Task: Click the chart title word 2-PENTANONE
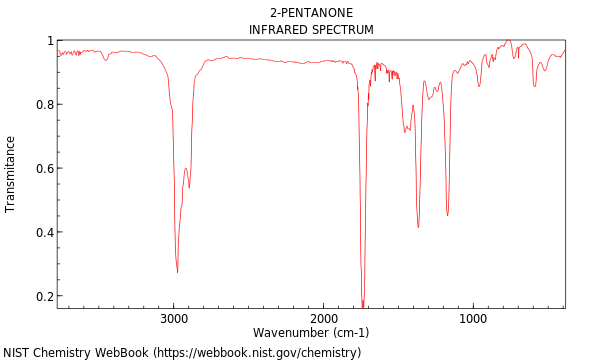pos(311,13)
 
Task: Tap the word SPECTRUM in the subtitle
pos(343,30)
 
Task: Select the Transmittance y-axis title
pos(11,174)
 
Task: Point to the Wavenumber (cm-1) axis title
pos(311,332)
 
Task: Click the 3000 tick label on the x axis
pos(174,318)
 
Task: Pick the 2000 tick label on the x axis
pos(323,318)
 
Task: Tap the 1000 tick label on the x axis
pos(473,318)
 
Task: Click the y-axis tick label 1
pos(48,41)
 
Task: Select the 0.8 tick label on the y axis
pos(43,105)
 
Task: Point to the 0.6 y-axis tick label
pos(43,169)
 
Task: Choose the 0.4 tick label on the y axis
pos(43,233)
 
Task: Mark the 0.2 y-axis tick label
pos(43,297)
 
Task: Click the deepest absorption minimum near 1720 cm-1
pos(363,304)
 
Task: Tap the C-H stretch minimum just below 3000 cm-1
pos(177,272)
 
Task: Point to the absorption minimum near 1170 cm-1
pos(447,215)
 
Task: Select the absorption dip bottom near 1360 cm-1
pos(418,227)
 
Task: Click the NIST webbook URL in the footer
pos(259,352)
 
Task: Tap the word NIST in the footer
pos(17,352)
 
